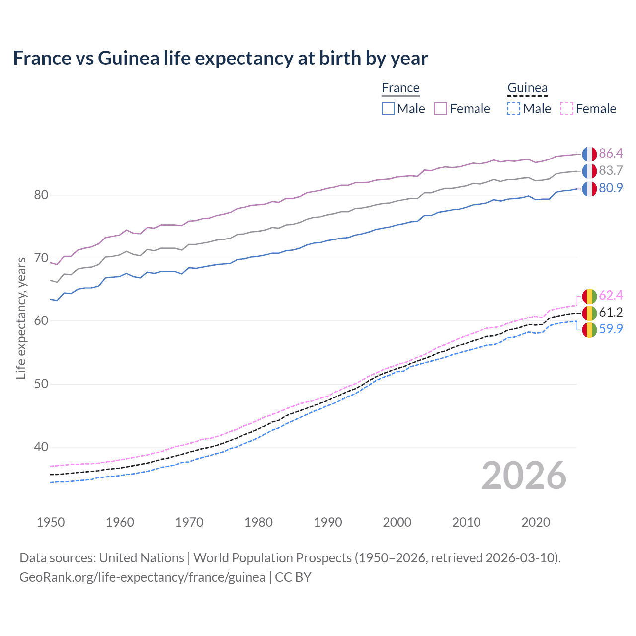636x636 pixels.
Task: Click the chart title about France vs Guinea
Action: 220,58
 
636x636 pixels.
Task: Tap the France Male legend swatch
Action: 388,109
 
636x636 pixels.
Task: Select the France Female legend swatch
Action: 441,109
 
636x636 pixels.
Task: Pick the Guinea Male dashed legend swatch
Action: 514,109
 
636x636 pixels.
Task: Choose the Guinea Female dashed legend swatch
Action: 567,109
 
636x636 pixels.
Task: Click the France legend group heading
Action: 400,88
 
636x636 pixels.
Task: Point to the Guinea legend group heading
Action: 527,88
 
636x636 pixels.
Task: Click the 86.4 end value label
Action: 611,153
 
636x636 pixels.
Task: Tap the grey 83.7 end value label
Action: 611,170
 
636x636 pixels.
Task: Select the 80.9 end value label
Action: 611,188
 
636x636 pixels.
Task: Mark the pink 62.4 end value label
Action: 611,295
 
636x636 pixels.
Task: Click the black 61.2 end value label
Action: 611,312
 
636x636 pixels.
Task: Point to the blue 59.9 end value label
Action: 611,329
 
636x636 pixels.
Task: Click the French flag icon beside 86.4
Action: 589,154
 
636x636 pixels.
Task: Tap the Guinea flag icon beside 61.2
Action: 589,313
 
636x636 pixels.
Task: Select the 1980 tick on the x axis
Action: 258,522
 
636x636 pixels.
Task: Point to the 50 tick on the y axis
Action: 41,384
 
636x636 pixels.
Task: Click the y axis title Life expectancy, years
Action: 21,318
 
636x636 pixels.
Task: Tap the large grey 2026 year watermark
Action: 524,476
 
